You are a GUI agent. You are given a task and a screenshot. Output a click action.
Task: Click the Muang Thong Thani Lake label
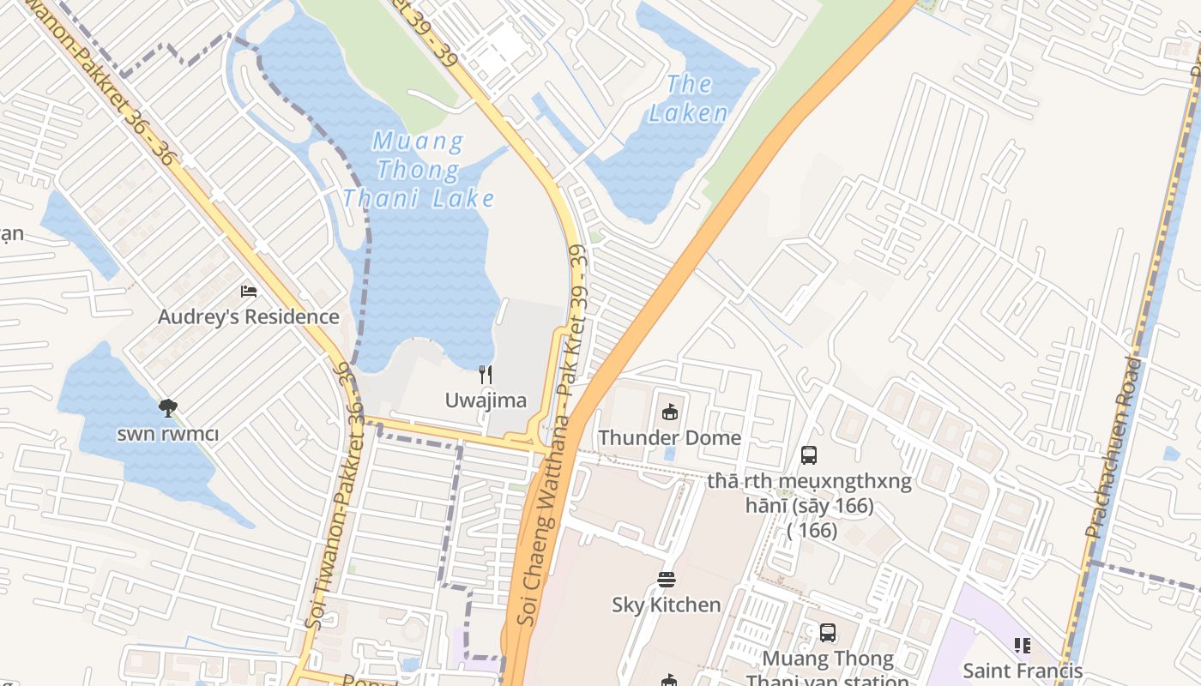[x=419, y=170]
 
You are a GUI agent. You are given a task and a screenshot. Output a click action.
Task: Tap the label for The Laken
[x=688, y=98]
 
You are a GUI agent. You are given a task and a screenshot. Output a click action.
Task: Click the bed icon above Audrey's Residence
[x=249, y=292]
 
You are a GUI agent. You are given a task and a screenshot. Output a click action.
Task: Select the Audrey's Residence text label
[x=249, y=316]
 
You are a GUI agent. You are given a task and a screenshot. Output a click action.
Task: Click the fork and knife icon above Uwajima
[x=486, y=374]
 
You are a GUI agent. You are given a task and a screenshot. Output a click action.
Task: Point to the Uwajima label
[x=486, y=400]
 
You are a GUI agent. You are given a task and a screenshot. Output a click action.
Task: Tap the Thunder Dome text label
[x=669, y=437]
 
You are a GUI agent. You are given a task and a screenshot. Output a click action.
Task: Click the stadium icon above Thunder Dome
[x=670, y=412]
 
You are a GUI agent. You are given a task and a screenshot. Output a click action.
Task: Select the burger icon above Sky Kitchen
[x=667, y=580]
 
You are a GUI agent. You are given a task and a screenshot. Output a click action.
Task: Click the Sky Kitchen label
[x=667, y=605]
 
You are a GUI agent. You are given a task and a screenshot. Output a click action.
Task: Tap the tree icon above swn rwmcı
[x=168, y=408]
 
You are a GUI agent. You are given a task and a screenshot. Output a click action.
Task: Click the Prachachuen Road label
[x=1113, y=448]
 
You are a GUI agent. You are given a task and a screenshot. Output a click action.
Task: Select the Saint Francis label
[x=1023, y=670]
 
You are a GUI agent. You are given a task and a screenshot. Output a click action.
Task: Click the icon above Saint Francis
[x=1022, y=645]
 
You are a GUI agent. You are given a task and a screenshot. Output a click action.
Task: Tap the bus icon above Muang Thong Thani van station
[x=827, y=633]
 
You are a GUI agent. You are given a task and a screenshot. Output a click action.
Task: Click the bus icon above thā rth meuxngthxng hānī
[x=808, y=454]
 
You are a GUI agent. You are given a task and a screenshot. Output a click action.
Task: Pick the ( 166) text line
[x=812, y=530]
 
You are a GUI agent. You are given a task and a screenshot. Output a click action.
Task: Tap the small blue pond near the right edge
[x=1172, y=454]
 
